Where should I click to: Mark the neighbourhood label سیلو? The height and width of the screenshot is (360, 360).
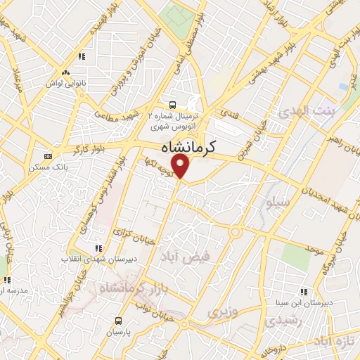point(271,204)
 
